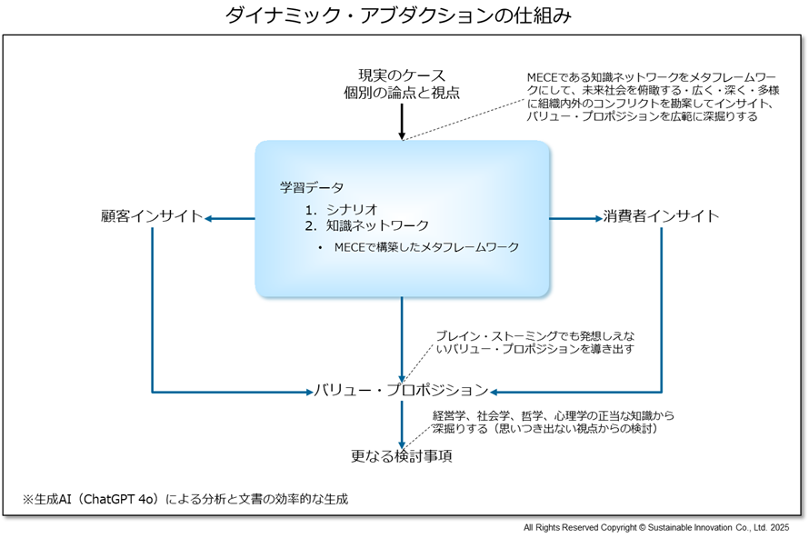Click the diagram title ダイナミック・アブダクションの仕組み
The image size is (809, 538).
(398, 15)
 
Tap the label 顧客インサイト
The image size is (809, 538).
(152, 215)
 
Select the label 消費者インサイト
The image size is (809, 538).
(661, 215)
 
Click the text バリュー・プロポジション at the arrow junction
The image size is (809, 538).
(402, 390)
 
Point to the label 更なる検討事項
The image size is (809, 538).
(402, 456)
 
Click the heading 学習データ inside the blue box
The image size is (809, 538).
(312, 187)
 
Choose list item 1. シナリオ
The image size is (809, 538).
(342, 209)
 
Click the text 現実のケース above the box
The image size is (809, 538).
(402, 75)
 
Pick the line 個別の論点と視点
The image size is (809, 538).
(402, 93)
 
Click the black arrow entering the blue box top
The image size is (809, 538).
(402, 122)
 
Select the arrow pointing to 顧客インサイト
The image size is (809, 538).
(230, 219)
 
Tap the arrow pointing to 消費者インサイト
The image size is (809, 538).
(575, 219)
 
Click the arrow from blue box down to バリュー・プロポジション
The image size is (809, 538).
(402, 339)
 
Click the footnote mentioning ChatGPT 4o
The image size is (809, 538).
(185, 499)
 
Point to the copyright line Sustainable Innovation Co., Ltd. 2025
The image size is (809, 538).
(656, 527)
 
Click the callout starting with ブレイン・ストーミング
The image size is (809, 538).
(535, 343)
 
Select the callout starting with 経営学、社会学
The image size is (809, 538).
(553, 422)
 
